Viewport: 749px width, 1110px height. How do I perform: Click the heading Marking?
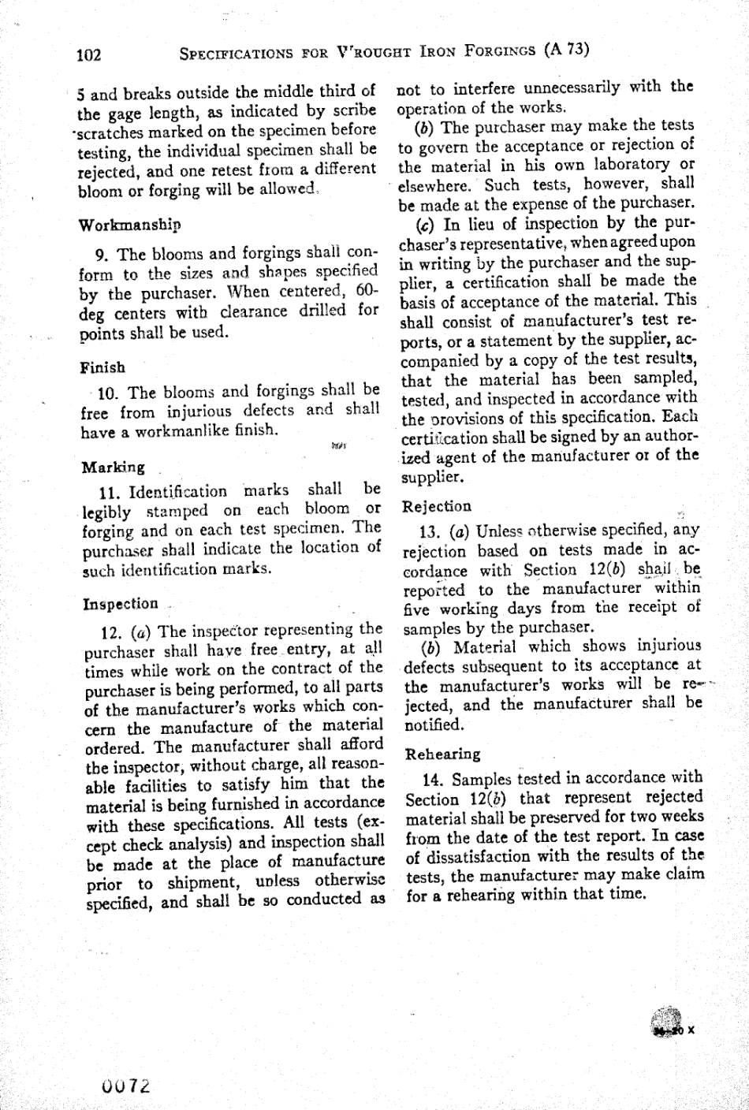coord(113,467)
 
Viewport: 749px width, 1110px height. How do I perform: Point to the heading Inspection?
coord(120,605)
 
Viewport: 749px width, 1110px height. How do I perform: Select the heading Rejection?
coord(436,507)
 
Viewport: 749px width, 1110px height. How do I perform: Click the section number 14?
coord(432,781)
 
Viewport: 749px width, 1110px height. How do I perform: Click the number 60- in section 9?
coord(367,292)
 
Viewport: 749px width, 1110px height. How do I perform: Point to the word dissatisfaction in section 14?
coord(469,857)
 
